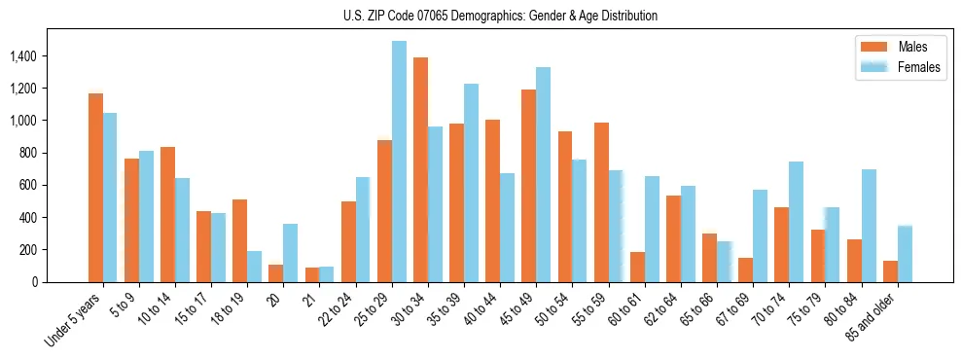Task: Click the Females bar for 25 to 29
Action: point(399,162)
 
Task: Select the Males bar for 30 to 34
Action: point(420,169)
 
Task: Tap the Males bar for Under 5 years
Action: point(95,188)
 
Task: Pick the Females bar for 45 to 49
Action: point(543,174)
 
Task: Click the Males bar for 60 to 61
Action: point(637,267)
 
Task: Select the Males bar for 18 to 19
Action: point(240,240)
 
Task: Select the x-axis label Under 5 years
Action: point(76,319)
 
